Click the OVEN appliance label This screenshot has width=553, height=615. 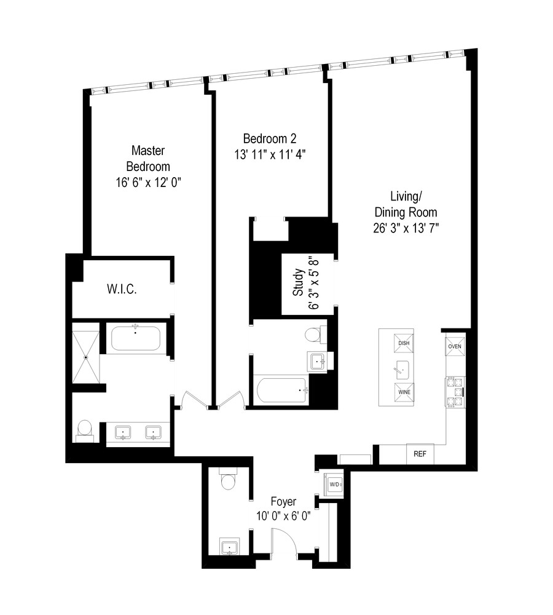(454, 346)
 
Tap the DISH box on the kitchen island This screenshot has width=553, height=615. (404, 343)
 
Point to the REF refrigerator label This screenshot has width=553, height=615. (420, 454)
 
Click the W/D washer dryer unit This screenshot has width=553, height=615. (335, 483)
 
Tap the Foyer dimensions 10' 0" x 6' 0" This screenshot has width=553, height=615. (284, 516)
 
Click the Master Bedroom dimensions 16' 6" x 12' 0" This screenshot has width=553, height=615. (148, 182)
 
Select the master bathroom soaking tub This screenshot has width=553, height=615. (136, 338)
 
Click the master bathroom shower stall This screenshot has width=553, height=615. (86, 357)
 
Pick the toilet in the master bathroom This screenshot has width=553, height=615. (85, 428)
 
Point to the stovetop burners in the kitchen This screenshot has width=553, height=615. (455, 392)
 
